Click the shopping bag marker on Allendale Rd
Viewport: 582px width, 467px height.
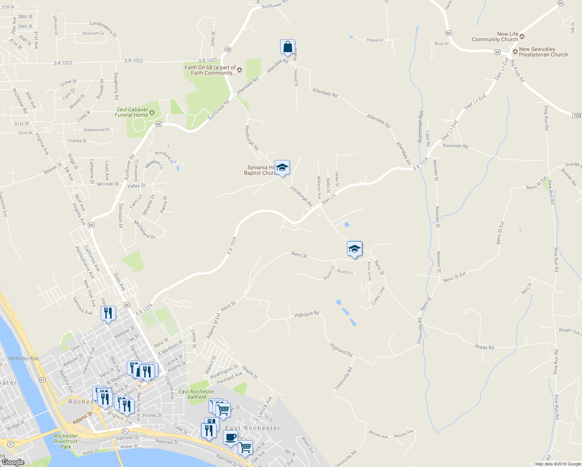pyautogui.click(x=287, y=47)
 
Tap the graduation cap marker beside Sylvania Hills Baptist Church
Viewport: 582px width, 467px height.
pyautogui.click(x=282, y=168)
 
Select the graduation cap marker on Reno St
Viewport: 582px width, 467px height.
pyautogui.click(x=354, y=249)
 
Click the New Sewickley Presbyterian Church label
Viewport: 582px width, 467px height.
pyautogui.click(x=543, y=52)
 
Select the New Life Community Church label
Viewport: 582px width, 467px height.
pyautogui.click(x=495, y=37)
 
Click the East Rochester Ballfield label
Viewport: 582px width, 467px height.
pyautogui.click(x=196, y=394)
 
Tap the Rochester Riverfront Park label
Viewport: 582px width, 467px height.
pyautogui.click(x=66, y=441)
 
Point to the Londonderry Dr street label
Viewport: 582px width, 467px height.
pyautogui.click(x=103, y=29)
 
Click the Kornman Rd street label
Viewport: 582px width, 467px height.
pyautogui.click(x=456, y=146)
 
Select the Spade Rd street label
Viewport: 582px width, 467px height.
pyautogui.click(x=484, y=347)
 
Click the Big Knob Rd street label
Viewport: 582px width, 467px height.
pyautogui.click(x=517, y=70)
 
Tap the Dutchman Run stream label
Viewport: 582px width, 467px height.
pyautogui.click(x=421, y=126)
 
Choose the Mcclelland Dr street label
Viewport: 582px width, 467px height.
pyautogui.click(x=144, y=230)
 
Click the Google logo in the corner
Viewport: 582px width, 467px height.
pyautogui.click(x=13, y=462)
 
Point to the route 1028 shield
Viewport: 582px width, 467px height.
pyautogui.click(x=577, y=116)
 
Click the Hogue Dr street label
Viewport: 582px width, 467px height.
pyautogui.click(x=375, y=40)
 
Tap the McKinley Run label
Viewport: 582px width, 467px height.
pyautogui.click(x=23, y=358)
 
